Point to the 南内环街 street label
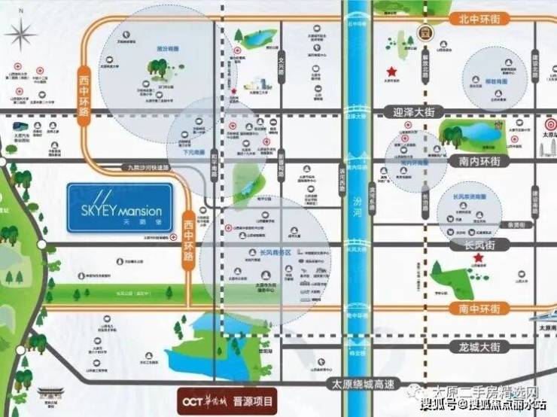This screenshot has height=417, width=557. click(478, 160)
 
